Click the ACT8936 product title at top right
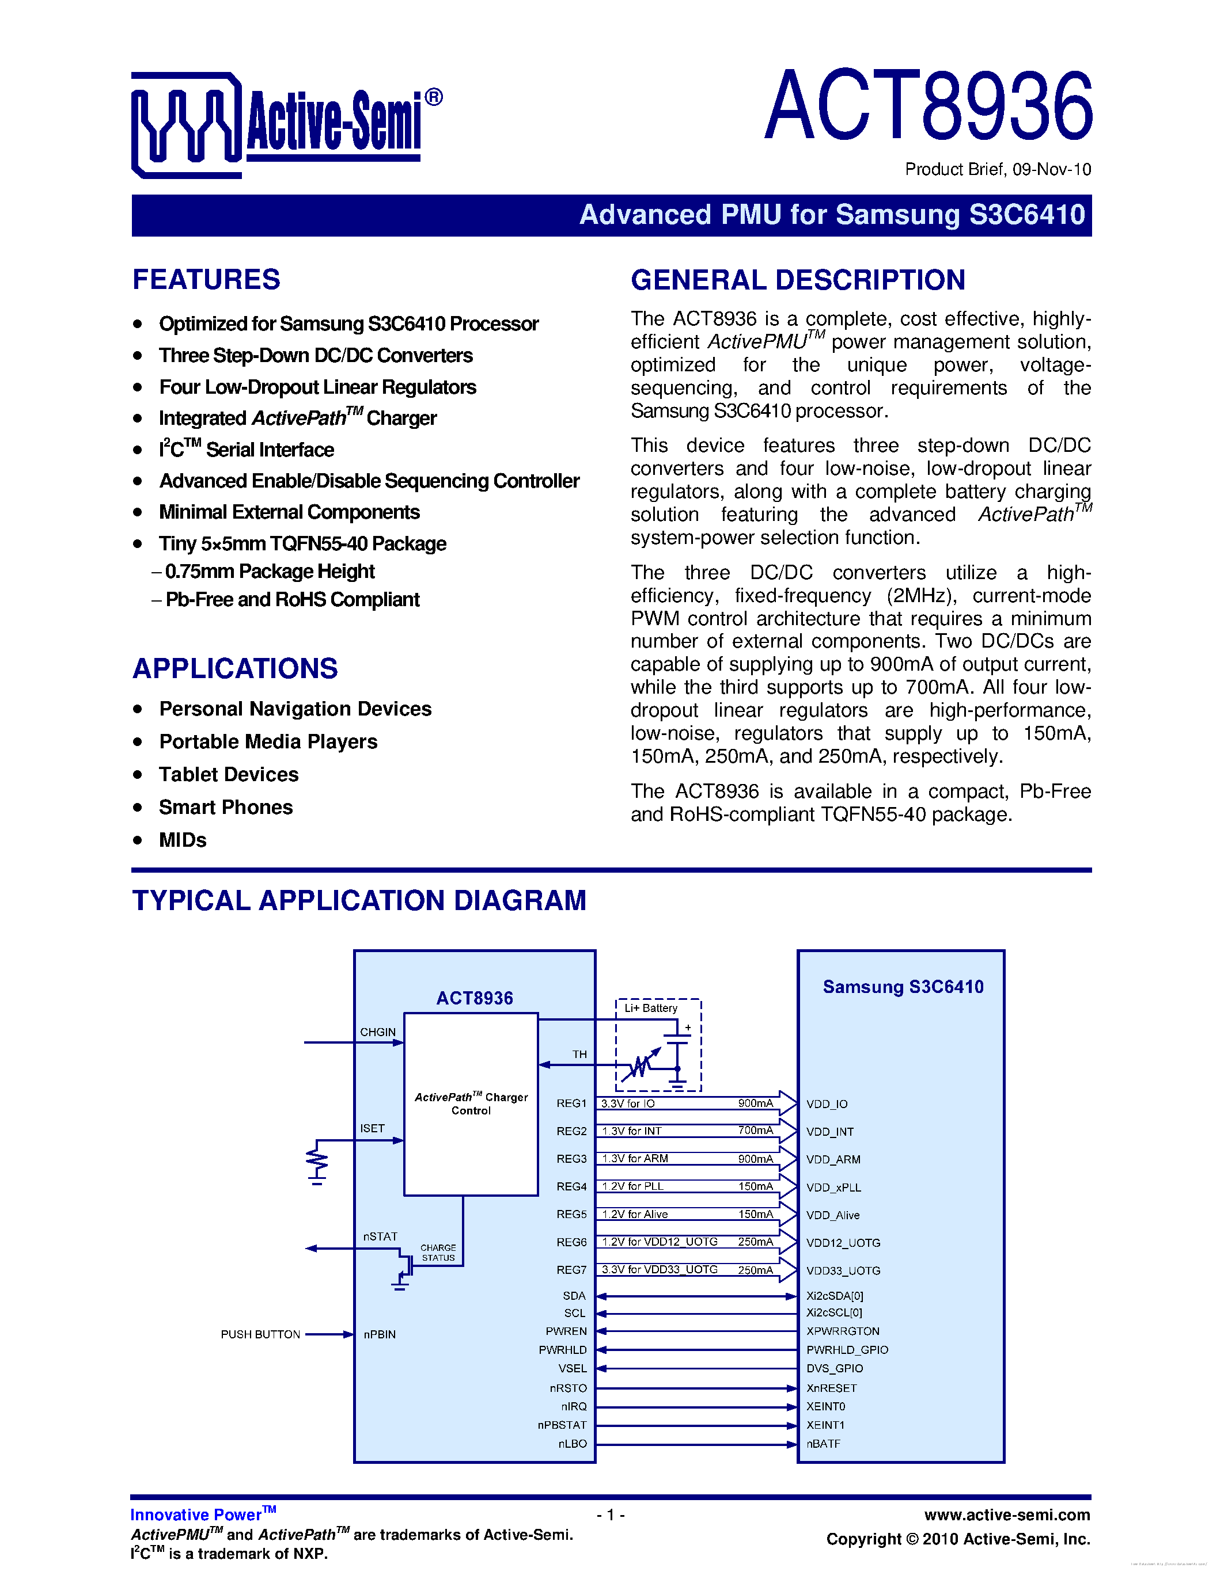point(928,106)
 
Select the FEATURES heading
point(206,280)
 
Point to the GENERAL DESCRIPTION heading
point(798,280)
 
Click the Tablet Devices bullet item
point(229,774)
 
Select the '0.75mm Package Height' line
point(269,571)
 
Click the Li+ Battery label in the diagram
point(650,1007)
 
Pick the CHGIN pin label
point(378,1032)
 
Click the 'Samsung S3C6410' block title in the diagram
point(903,987)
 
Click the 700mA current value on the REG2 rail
point(756,1130)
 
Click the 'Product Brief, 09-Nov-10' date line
point(997,170)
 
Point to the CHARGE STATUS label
point(438,1253)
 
